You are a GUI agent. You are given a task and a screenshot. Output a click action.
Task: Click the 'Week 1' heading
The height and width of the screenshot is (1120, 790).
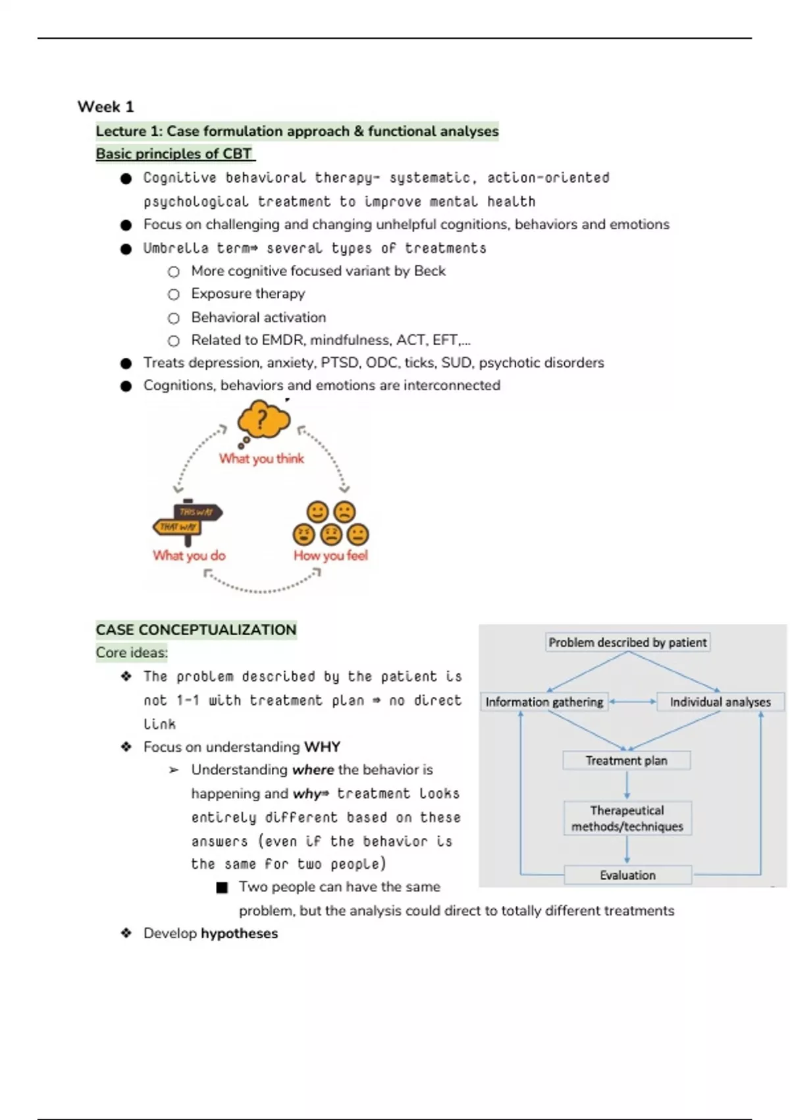[105, 107]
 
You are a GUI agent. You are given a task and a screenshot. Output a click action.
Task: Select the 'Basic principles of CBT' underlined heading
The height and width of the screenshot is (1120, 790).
[174, 154]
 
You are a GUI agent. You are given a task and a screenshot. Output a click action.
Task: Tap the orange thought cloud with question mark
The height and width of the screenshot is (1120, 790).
[263, 420]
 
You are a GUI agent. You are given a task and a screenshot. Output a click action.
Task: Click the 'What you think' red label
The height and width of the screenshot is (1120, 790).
[261, 459]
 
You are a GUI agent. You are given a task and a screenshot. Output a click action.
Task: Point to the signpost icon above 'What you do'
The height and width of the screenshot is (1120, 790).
[188, 520]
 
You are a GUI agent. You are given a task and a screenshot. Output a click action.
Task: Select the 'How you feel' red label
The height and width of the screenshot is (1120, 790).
[330, 555]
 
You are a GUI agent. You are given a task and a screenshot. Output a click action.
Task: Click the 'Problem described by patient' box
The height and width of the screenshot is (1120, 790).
[627, 642]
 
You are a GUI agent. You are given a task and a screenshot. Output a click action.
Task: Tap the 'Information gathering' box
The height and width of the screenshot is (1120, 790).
[544, 702]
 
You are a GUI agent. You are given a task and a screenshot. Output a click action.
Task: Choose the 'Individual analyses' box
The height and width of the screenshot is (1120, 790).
[720, 702]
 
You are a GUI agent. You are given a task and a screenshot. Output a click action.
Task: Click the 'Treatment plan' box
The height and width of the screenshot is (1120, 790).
[627, 761]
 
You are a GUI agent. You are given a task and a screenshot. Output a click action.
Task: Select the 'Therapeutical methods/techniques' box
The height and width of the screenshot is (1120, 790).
[627, 818]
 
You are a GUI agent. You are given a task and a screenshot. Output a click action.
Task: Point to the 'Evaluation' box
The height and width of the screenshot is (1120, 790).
[627, 875]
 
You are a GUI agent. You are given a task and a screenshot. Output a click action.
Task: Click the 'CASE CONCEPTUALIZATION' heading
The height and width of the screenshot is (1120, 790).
[196, 630]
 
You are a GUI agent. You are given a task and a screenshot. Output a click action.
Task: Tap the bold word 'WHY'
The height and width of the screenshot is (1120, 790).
[322, 747]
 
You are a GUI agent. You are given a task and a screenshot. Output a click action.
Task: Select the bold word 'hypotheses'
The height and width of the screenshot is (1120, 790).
[239, 934]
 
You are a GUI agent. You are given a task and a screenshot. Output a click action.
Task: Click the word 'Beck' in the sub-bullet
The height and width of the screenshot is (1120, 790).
[430, 271]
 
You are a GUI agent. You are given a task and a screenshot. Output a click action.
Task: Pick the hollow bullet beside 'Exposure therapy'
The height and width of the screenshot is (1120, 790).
[174, 294]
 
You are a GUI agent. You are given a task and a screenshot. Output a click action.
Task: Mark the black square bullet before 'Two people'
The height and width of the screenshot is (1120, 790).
[222, 888]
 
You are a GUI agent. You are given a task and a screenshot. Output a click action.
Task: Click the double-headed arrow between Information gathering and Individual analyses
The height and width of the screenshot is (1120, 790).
[632, 702]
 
